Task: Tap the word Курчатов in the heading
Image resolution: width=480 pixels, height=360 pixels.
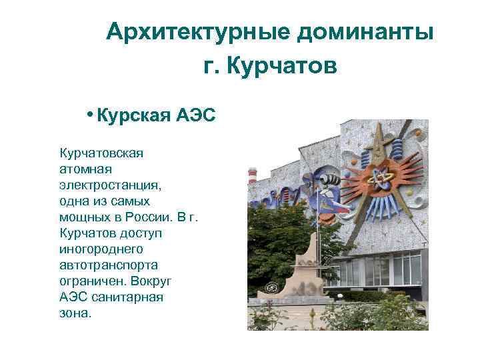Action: coord(283,66)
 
